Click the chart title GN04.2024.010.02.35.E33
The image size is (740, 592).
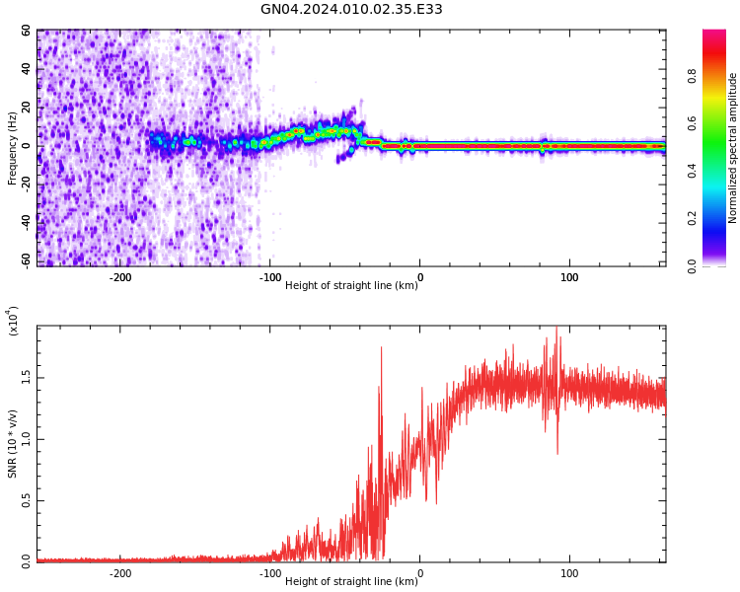point(351,10)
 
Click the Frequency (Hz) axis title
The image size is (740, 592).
point(13,148)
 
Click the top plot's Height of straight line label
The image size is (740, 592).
point(350,286)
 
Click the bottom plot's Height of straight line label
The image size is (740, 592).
point(350,582)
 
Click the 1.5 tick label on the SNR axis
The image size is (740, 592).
point(27,377)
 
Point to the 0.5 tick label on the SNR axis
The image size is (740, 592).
point(27,500)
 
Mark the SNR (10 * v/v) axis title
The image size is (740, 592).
point(13,444)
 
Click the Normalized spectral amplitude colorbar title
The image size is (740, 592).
point(733,148)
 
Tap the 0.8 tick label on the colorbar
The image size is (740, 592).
point(720,75)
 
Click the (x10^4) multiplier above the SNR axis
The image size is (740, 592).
point(13,322)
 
